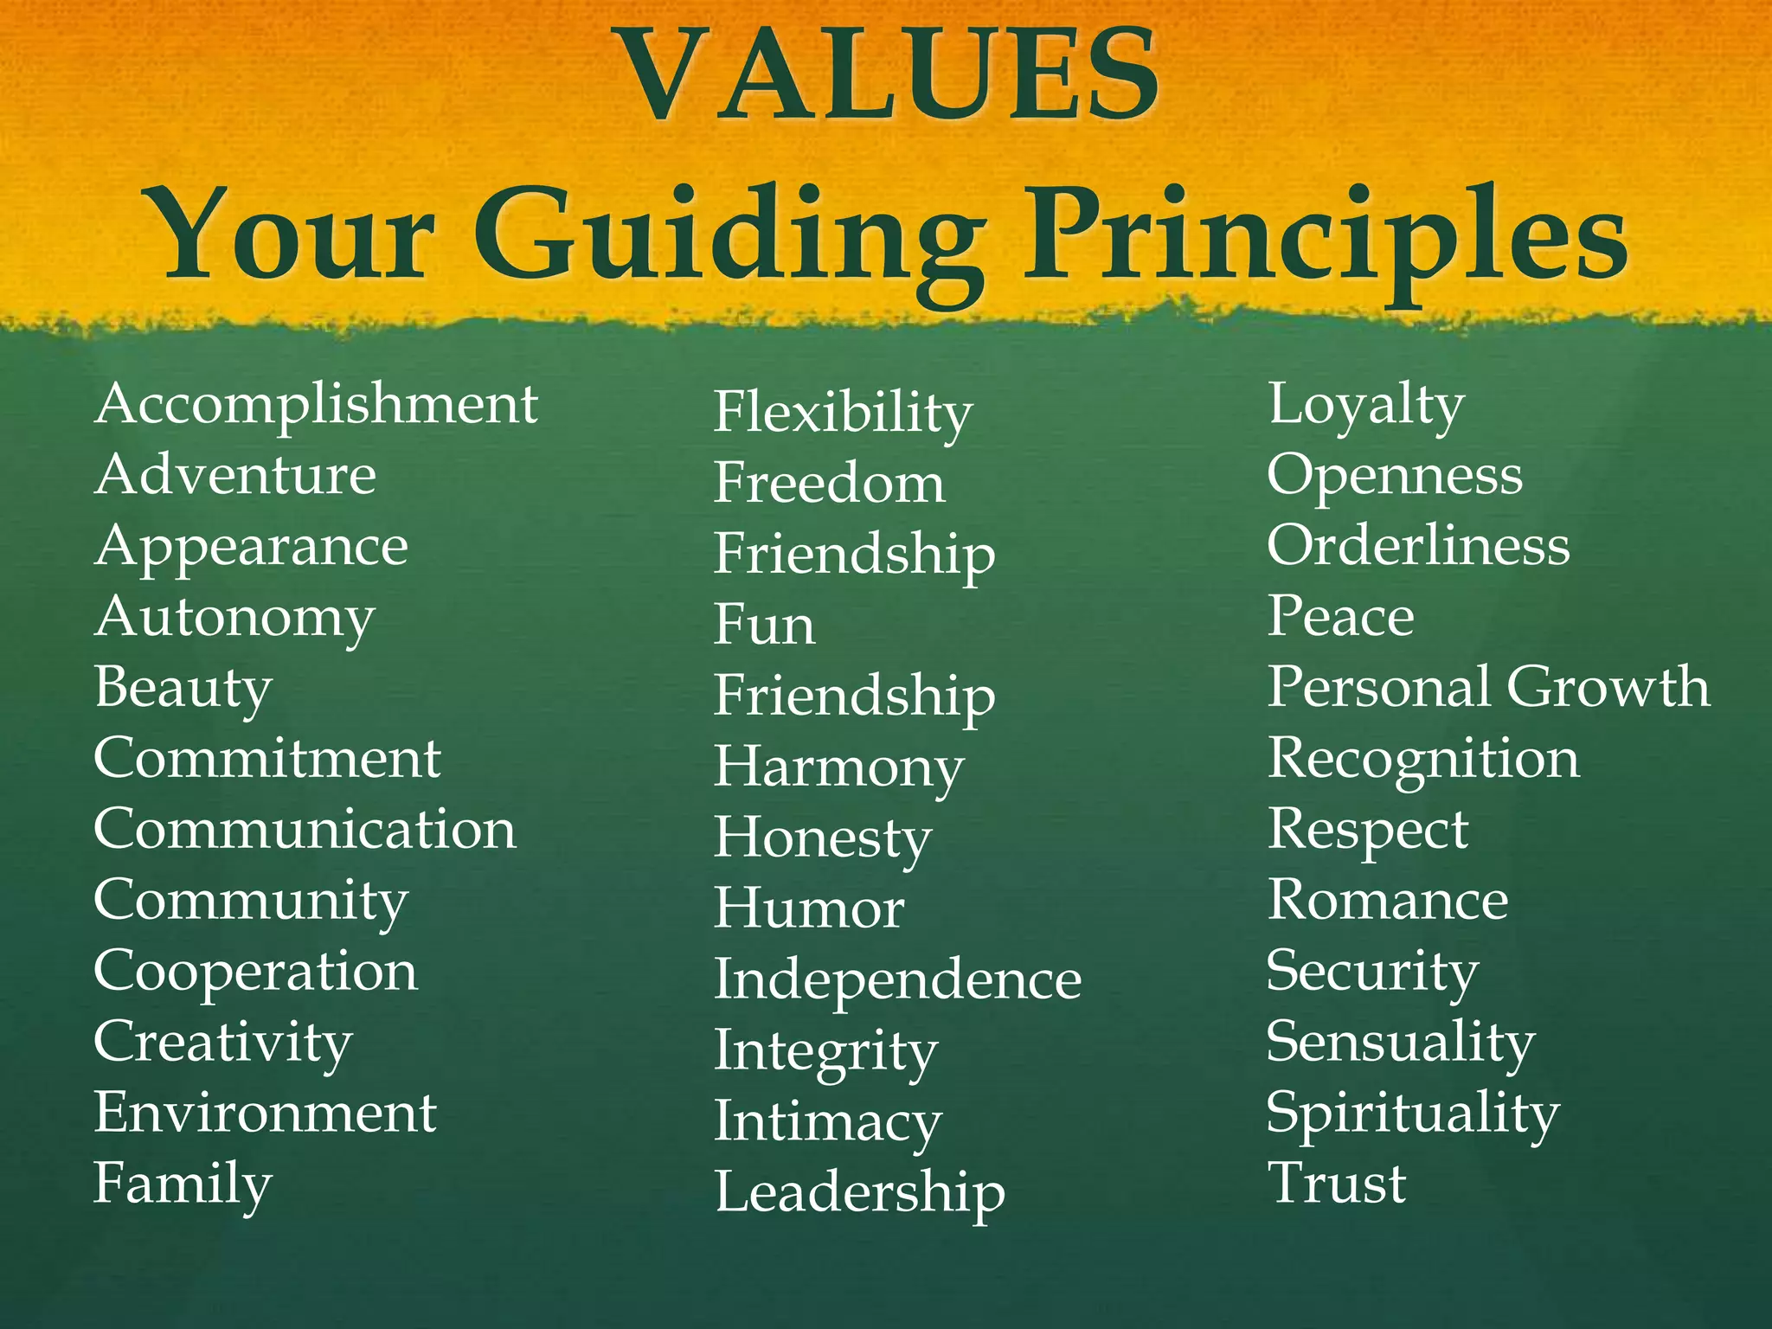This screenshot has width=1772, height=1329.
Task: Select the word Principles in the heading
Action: tap(1324, 238)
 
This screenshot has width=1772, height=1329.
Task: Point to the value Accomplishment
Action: tap(316, 404)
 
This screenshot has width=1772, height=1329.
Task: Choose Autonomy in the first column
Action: tap(234, 618)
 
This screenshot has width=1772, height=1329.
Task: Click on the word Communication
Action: tap(305, 830)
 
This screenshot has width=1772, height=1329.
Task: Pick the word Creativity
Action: tap(223, 1043)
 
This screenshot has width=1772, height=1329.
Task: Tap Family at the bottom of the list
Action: tap(183, 1185)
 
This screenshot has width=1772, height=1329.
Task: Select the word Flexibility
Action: tap(843, 413)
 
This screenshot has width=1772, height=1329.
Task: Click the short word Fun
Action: tap(764, 625)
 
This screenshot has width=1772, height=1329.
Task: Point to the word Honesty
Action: tap(822, 838)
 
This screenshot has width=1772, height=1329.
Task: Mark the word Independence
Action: tap(897, 979)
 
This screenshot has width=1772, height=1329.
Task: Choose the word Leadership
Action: tap(859, 1192)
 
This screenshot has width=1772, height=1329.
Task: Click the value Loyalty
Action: tap(1365, 405)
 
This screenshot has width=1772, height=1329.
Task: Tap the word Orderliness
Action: tap(1418, 546)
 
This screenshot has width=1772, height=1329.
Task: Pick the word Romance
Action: tap(1388, 900)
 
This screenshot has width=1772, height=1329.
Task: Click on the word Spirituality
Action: tap(1412, 1113)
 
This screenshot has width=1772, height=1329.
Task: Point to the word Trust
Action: tap(1337, 1183)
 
